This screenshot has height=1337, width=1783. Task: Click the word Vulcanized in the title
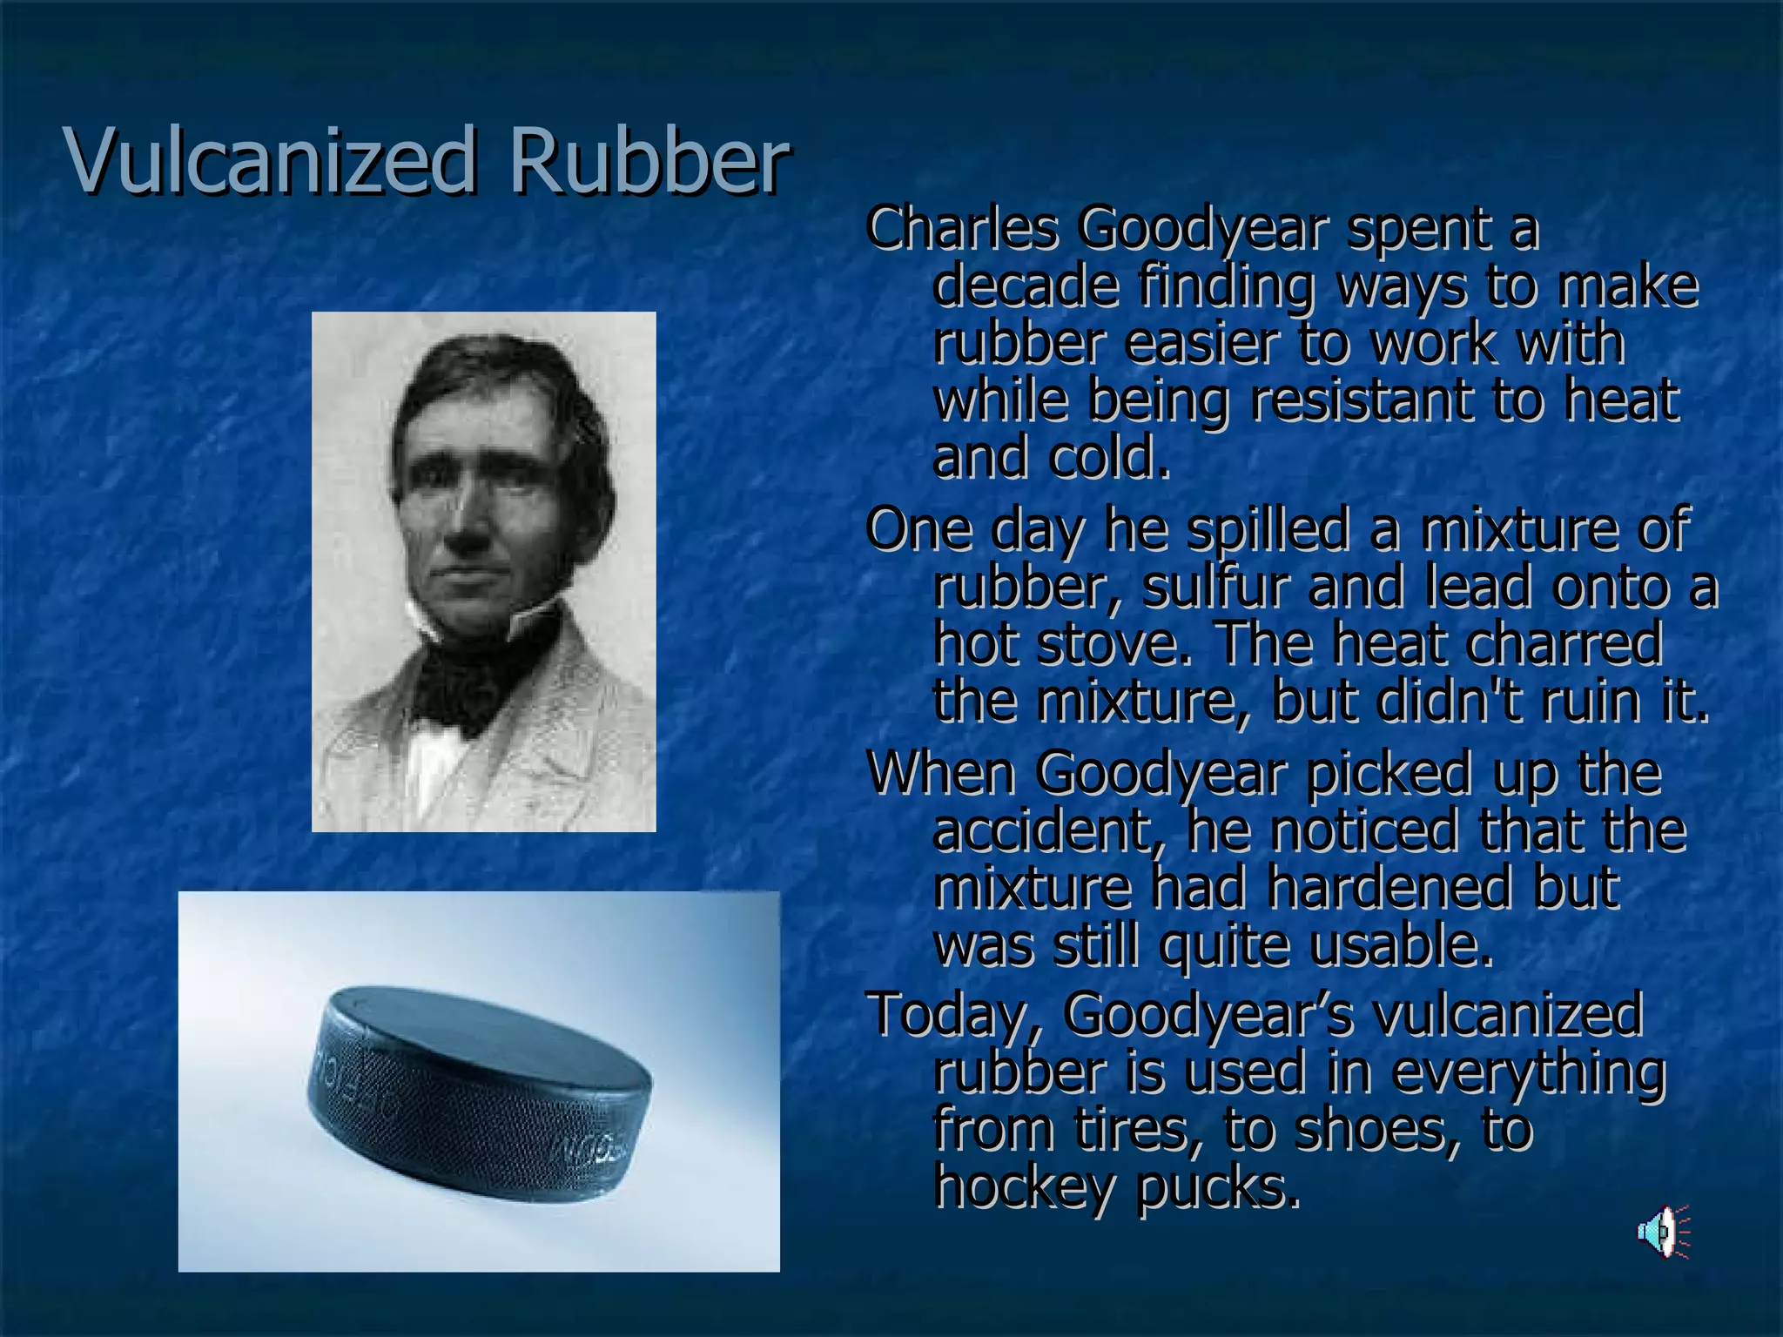[270, 161]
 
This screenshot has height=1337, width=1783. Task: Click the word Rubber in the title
[649, 161]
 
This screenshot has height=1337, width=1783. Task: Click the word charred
[1564, 644]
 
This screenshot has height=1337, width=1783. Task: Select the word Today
[952, 1014]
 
